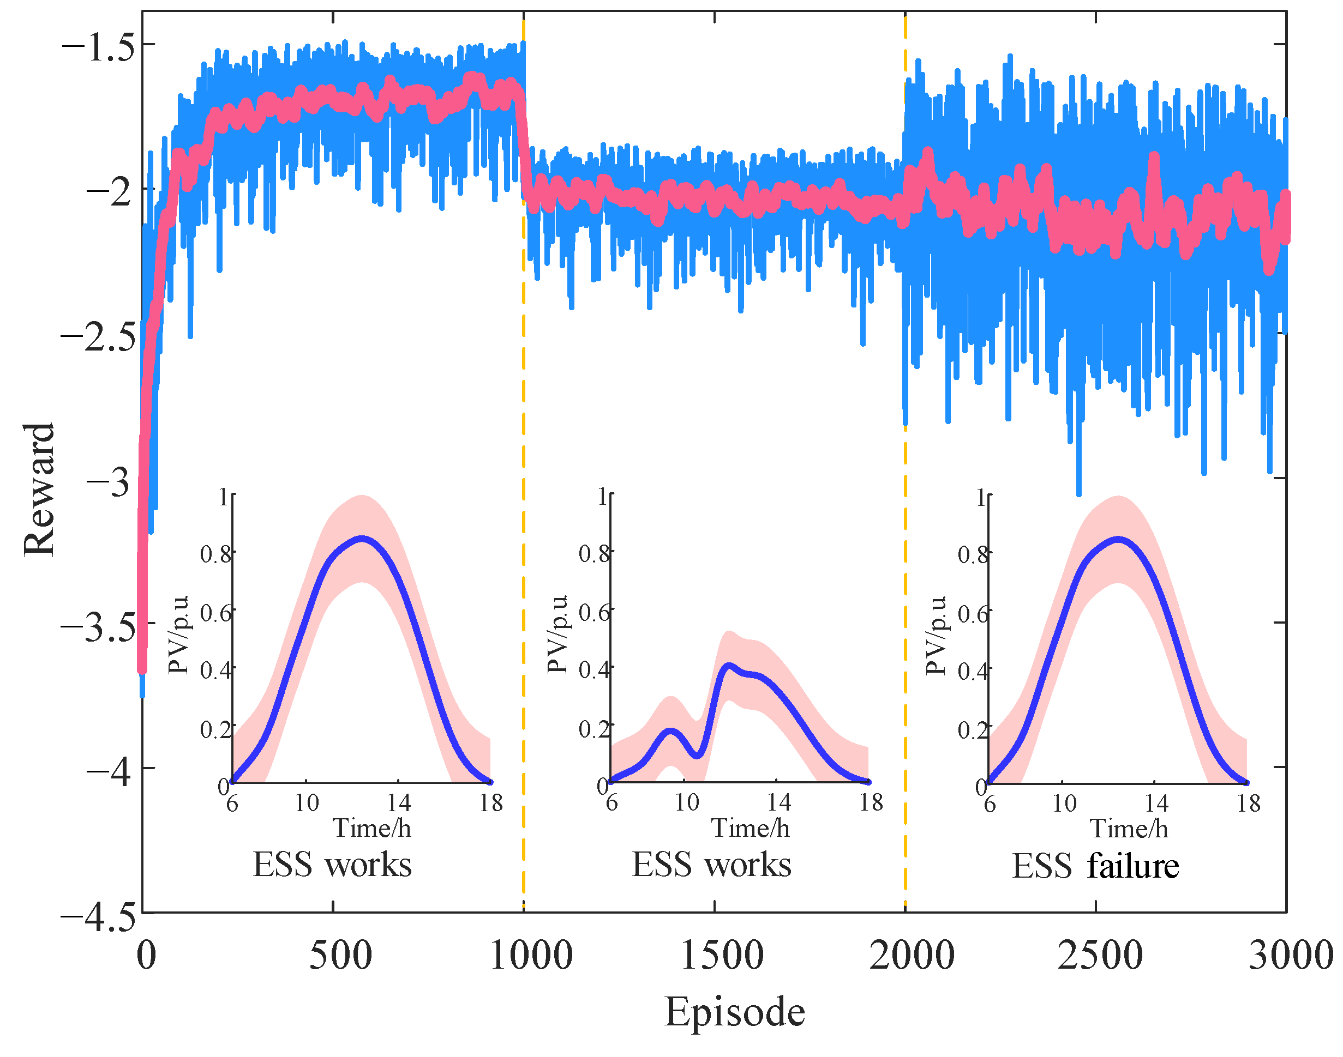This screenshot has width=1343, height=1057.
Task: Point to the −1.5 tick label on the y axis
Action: [x=98, y=47]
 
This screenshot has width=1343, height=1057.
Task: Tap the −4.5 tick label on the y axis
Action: [x=97, y=916]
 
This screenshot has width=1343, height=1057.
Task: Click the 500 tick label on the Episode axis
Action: [x=340, y=955]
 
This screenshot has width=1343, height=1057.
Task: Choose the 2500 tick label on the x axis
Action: [x=1100, y=955]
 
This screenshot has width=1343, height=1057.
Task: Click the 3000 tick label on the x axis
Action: [x=1291, y=955]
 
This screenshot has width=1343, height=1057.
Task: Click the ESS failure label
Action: [x=1095, y=866]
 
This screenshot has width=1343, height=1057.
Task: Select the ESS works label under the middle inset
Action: [x=711, y=865]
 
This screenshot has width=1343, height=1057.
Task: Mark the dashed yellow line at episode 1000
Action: [x=523, y=433]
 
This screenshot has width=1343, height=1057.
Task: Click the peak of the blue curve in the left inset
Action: [x=362, y=538]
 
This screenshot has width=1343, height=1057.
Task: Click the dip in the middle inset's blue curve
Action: [x=697, y=755]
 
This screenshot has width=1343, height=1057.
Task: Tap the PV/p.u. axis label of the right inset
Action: [x=935, y=635]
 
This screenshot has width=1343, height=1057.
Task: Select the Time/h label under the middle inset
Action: [x=750, y=828]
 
